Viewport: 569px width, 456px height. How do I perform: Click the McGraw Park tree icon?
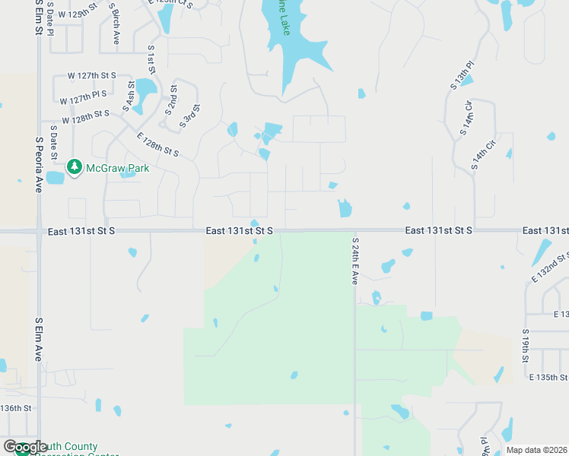point(74,166)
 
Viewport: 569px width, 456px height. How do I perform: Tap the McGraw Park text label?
point(117,167)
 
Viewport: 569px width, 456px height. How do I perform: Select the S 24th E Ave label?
point(354,260)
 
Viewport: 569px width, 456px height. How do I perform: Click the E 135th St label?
point(548,377)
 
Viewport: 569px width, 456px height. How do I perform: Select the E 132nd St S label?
point(550,268)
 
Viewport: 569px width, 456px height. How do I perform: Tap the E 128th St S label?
point(157,144)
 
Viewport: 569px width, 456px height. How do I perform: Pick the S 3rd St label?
point(190,116)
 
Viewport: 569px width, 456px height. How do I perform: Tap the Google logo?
point(25,448)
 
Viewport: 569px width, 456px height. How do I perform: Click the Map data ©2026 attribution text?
point(536,450)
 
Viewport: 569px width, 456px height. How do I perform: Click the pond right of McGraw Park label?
point(129,173)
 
